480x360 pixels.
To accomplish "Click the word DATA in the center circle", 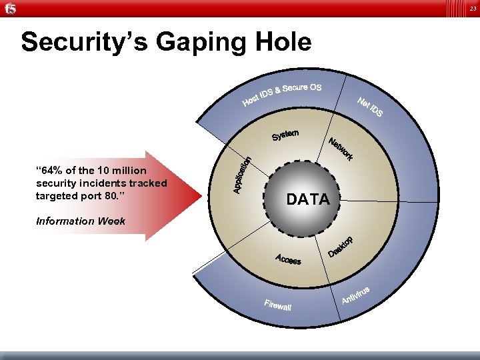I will tap(307, 199).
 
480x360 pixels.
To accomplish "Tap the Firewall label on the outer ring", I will tap(277, 305).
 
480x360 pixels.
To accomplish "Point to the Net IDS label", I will tap(370, 107).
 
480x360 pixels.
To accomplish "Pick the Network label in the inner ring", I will tap(341, 149).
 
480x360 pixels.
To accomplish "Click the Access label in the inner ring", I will tap(289, 259).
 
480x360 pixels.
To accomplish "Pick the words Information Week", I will tap(80, 221).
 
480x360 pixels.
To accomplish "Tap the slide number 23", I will tap(471, 8).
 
